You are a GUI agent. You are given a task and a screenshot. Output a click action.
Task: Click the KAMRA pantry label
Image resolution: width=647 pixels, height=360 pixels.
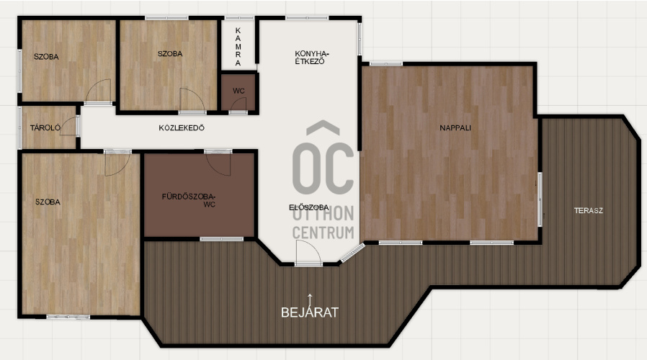click(x=238, y=47)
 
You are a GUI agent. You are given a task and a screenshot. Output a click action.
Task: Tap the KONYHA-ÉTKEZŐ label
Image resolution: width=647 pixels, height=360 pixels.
click(x=312, y=58)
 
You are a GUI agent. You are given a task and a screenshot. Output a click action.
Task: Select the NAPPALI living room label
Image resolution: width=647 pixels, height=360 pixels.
click(x=455, y=128)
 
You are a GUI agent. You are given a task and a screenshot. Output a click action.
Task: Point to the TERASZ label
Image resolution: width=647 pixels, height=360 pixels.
click(x=589, y=210)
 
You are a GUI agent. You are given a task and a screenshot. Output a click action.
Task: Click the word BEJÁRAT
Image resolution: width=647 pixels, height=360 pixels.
click(x=310, y=312)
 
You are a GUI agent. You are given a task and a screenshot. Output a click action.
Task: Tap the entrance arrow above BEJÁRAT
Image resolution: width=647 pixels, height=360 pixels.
click(x=310, y=299)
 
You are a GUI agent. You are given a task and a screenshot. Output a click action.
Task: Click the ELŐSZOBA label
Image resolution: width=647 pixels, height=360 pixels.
click(x=308, y=207)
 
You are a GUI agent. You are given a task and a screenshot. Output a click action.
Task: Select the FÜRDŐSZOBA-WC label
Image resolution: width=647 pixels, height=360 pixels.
click(x=189, y=200)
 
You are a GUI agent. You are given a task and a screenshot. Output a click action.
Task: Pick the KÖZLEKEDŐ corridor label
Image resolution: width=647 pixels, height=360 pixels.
click(x=182, y=128)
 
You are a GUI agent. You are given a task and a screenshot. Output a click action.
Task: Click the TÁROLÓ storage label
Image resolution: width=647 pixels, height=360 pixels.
click(x=45, y=128)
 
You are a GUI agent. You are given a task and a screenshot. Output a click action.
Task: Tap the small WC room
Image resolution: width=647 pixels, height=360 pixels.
click(x=238, y=92)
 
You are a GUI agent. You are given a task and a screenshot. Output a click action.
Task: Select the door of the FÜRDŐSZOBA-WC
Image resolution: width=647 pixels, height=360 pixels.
click(x=218, y=162)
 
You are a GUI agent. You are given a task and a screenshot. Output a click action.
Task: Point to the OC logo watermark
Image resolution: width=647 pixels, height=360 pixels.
click(x=323, y=158)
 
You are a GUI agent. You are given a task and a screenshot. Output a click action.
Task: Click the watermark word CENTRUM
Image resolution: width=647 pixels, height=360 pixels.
click(x=323, y=233)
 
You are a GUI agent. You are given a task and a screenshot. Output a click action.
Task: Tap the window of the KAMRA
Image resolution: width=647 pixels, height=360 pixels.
click(x=239, y=18)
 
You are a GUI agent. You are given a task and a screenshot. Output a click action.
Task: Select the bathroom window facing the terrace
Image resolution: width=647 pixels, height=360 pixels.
click(x=222, y=239)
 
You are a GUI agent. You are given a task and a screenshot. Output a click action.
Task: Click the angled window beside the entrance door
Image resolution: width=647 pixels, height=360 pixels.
click(x=353, y=253)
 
